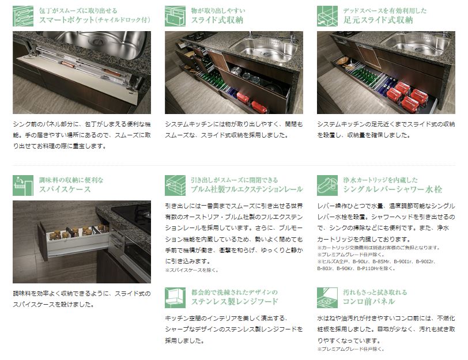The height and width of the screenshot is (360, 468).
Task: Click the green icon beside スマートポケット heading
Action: [23, 16]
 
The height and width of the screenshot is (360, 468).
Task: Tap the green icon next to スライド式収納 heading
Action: [175, 16]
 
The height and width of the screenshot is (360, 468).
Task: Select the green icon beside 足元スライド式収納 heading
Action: [327, 16]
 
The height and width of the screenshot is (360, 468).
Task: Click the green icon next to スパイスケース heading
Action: [23, 185]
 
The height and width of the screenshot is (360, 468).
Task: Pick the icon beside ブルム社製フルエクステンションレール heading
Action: [175, 185]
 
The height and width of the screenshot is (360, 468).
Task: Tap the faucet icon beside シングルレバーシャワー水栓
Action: [327, 185]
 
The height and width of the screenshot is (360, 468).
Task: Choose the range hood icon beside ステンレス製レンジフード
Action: [175, 298]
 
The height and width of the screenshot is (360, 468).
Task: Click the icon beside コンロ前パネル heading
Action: [327, 298]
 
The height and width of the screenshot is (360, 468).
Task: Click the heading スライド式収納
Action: [217, 20]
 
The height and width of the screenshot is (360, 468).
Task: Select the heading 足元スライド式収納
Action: [378, 20]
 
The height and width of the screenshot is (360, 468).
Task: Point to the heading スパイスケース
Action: [65, 190]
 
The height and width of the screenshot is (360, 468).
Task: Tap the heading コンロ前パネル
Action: [369, 302]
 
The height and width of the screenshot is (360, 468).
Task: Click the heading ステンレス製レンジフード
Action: [235, 302]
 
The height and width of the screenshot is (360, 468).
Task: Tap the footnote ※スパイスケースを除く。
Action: [192, 270]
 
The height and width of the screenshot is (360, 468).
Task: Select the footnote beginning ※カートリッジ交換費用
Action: [379, 248]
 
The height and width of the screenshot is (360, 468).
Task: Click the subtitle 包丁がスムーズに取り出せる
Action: [78, 11]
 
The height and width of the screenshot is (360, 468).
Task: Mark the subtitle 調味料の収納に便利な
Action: [71, 180]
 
